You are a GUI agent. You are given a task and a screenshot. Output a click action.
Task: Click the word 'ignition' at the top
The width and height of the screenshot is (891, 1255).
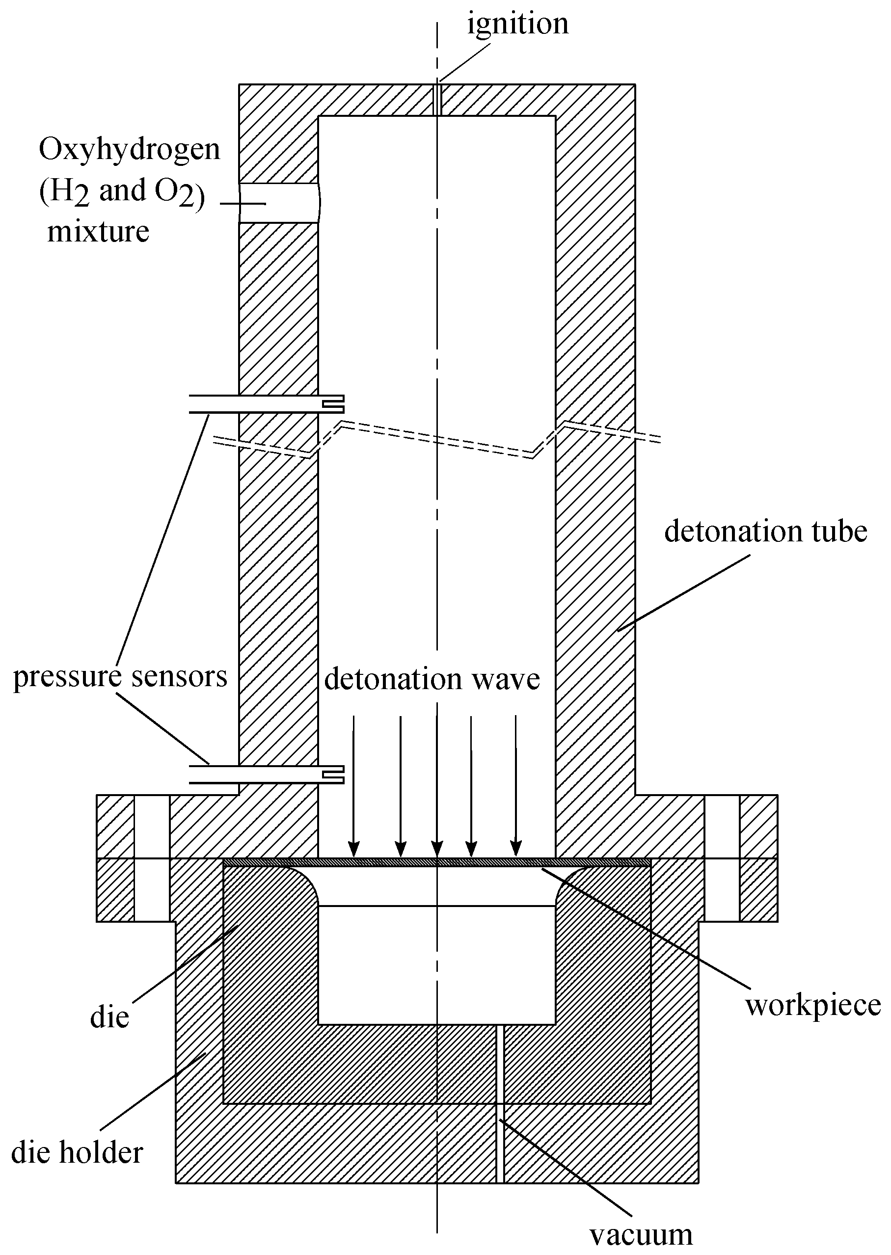tap(517, 25)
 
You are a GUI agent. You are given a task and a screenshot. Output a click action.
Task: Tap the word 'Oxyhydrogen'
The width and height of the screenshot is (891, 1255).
tap(130, 150)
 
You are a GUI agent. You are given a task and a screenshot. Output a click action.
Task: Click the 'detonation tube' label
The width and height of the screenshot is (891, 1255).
tap(765, 532)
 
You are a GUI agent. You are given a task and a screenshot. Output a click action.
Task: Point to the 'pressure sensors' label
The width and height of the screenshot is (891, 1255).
tap(120, 676)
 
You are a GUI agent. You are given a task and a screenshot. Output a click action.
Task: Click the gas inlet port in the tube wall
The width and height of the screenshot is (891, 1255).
tap(279, 203)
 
